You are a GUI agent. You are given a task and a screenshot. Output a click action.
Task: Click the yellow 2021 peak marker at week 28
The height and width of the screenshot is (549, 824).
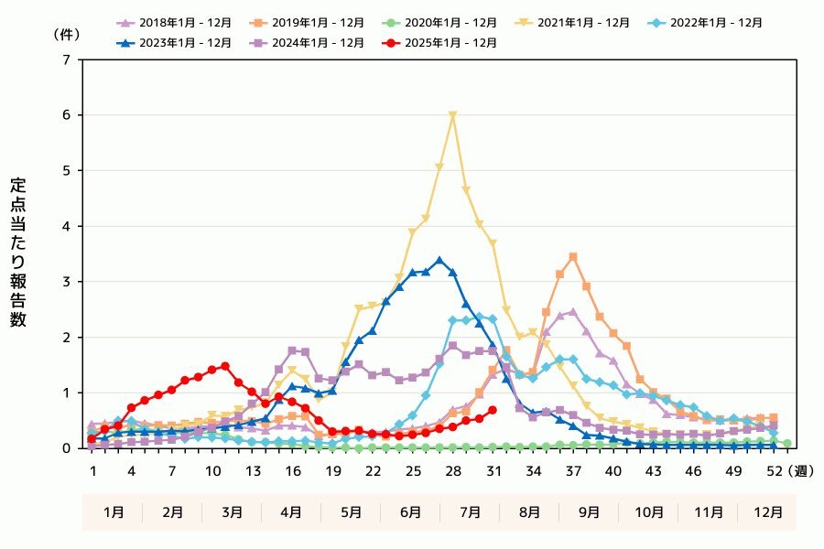tap(452, 116)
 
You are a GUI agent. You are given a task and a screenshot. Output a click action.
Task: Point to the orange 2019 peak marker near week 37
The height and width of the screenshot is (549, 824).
tap(573, 257)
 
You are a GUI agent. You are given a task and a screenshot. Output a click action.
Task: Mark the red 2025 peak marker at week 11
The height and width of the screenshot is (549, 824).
tap(225, 366)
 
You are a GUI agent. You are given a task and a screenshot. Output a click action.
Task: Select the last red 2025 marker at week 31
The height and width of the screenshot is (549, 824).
tap(493, 410)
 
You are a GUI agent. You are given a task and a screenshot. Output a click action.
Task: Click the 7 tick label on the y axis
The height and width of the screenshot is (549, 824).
tap(66, 60)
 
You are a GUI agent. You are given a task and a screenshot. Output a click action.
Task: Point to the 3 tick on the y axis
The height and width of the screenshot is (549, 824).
tap(66, 282)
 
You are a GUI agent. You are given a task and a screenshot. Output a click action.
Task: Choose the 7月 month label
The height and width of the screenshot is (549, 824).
tap(470, 512)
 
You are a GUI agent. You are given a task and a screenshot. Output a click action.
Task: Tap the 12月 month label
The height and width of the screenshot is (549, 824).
tap(767, 512)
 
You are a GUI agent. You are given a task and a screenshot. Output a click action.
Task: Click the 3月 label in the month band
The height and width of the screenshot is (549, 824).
tap(232, 512)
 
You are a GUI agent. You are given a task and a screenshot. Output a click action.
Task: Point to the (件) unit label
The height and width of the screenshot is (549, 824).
tap(67, 34)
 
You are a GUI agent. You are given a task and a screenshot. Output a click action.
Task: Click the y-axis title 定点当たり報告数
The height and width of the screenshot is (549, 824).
tap(18, 253)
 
